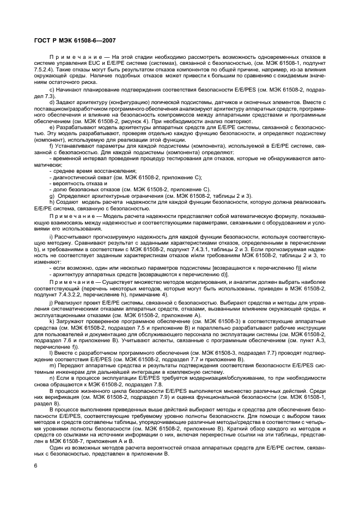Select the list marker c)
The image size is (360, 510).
coord(51,89)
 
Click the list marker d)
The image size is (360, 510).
coord(51,102)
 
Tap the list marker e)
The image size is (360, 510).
coord(51,126)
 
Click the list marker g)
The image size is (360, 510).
coord(51,195)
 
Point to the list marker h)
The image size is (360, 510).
coord(51,201)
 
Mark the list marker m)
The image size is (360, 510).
coord(52,366)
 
